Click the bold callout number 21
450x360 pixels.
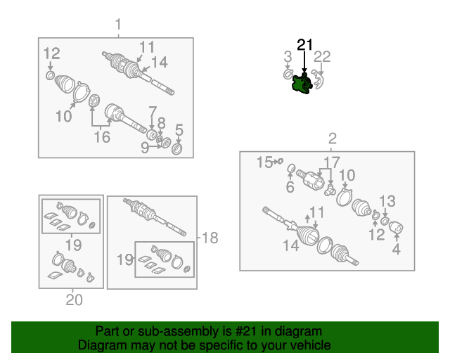point(304,45)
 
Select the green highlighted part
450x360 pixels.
point(302,84)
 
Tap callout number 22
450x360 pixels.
point(322,57)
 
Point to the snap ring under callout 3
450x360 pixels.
point(288,75)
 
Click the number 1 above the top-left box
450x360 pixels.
point(118,25)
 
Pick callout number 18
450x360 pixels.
point(210,238)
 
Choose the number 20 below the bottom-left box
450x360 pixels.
point(74,300)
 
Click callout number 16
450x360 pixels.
point(102,137)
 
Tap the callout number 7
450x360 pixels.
point(153,112)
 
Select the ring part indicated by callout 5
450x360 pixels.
point(176,148)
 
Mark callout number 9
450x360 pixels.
point(145,148)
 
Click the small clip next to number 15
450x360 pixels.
point(281,161)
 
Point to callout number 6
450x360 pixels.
point(290,187)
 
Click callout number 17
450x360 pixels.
point(332,162)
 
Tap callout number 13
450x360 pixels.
point(387,201)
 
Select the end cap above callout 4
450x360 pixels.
point(397,227)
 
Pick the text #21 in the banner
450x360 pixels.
point(245,332)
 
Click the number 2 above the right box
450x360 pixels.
point(333,139)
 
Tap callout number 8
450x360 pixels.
point(161,123)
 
